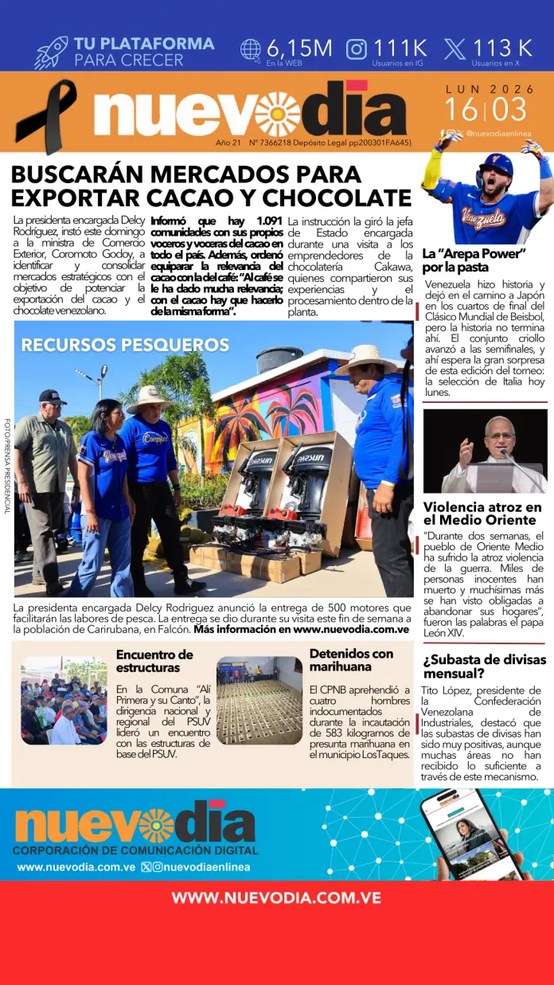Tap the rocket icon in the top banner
[x=51, y=53]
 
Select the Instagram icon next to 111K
[x=357, y=49]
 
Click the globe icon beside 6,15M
[x=251, y=50]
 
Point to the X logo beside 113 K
[x=455, y=49]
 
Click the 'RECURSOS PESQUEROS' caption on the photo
[x=125, y=345]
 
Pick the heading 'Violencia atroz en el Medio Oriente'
[x=482, y=514]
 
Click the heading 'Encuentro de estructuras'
[x=154, y=660]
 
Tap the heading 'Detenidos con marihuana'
[x=351, y=659]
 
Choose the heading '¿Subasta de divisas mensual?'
[x=484, y=666]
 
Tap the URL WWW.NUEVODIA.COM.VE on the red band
[x=276, y=897]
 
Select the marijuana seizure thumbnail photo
[x=259, y=701]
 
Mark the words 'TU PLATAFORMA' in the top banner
[x=144, y=44]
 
